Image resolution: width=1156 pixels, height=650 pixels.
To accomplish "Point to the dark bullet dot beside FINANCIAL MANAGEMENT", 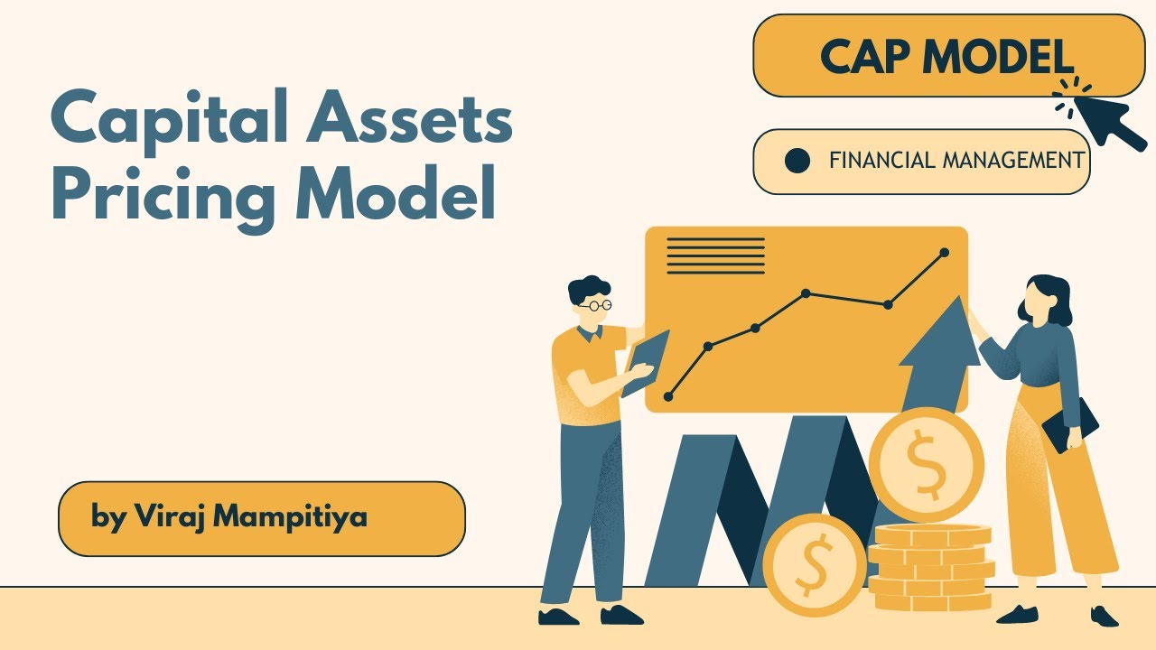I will click(x=797, y=162).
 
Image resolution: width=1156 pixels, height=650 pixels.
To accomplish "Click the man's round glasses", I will click(x=596, y=305).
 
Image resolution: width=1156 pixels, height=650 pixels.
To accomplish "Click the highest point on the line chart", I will click(x=945, y=253).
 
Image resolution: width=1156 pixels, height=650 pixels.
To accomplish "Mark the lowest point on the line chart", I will click(x=668, y=396).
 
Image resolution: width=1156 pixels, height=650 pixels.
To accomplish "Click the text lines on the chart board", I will click(x=715, y=255).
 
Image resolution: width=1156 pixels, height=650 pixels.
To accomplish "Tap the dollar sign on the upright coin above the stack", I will click(x=925, y=464).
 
